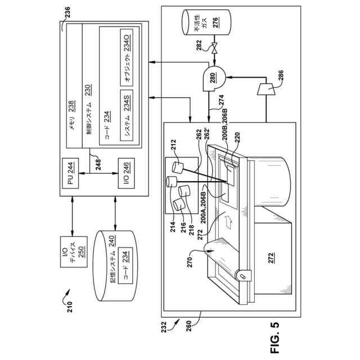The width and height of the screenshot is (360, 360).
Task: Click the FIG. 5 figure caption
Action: coord(275,337)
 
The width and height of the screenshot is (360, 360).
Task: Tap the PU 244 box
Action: coord(70,173)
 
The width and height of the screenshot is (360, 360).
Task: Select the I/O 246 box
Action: coord(126,173)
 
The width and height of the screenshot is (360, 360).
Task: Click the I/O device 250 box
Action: coord(74,252)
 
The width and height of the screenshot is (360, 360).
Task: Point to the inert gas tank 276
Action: coord(206,22)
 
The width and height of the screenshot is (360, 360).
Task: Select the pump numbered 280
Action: coord(214,78)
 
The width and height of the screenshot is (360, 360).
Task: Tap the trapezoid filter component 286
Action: coord(266,89)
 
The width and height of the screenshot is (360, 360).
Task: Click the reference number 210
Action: coord(70,307)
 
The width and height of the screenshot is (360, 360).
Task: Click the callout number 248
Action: coord(98,164)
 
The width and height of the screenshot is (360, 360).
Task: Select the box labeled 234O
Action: coord(127,57)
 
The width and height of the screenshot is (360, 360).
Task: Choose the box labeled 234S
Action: coord(127,115)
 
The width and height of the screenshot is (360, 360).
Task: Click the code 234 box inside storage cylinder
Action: coord(125,265)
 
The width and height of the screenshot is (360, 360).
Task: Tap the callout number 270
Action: coord(190,262)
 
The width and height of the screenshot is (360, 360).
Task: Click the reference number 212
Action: coord(173,145)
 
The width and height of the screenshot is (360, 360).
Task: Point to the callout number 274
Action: coord(221,101)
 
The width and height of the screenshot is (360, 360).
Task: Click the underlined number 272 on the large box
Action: coord(271,258)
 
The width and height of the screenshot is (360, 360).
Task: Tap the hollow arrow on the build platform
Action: coord(229,222)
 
